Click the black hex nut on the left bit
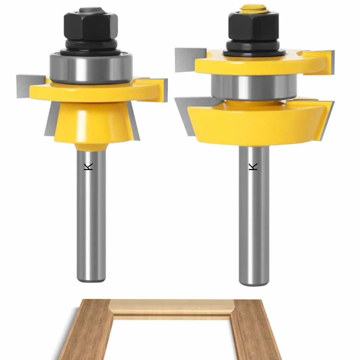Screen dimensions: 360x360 click(91, 25)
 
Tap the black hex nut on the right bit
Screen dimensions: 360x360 click(253, 25)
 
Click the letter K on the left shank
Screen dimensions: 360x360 click(88, 166)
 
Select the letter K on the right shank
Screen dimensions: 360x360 click(253, 166)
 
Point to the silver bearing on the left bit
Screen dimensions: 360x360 click(91, 68)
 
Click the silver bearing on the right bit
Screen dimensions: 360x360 click(254, 87)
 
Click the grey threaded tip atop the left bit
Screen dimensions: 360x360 click(91, 10)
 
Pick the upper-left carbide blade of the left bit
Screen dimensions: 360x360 click(30, 86)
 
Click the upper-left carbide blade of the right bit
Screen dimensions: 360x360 click(190, 60)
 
